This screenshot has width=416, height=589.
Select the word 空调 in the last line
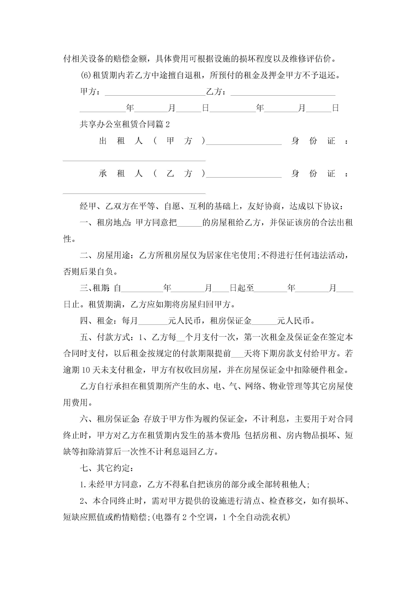pos(205,517)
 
